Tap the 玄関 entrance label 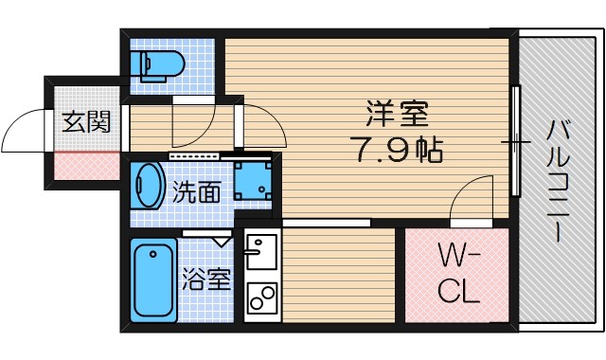(x=86, y=121)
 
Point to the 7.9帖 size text (x=396, y=149)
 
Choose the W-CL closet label (x=459, y=272)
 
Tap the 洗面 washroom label (x=197, y=193)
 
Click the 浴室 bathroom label (x=206, y=279)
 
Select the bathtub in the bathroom (x=152, y=279)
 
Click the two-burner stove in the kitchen (x=257, y=299)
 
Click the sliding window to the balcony (x=515, y=142)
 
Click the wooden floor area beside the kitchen (x=338, y=276)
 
